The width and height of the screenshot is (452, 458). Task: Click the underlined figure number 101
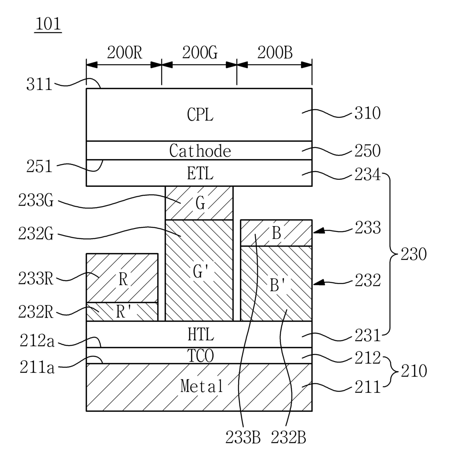[48, 24]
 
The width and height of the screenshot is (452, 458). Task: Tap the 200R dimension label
[125, 52]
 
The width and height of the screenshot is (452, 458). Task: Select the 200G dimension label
[200, 52]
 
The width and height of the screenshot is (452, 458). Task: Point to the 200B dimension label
[275, 52]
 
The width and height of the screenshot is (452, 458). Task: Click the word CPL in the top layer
[200, 115]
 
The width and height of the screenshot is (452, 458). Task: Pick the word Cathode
[200, 151]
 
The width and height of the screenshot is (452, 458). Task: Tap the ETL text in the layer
[200, 173]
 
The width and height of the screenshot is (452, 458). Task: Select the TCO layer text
[200, 356]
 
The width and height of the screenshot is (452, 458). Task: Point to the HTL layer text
[200, 335]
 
